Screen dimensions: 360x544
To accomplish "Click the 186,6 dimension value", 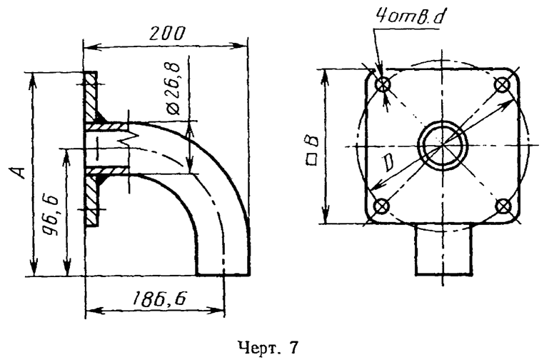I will pos(158,300).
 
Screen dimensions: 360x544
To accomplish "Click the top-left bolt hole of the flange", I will pos(384,85).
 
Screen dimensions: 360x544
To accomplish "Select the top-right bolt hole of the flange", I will pos(503,85).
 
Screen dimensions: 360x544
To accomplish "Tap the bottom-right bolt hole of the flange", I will pos(503,206).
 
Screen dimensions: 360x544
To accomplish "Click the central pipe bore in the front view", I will pos(443,146).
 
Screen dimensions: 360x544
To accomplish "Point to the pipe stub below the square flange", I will pos(443,249).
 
